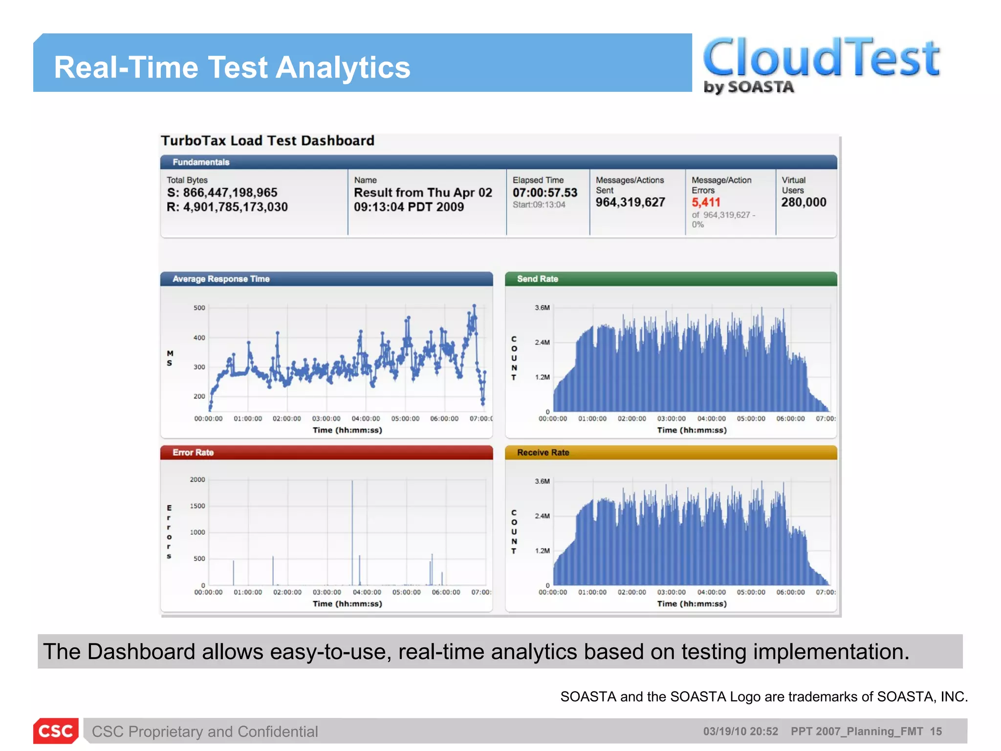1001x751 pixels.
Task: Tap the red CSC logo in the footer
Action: coord(56,731)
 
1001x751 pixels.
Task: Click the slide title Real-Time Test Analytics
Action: coord(232,67)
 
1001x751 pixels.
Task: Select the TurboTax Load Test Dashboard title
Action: coord(267,141)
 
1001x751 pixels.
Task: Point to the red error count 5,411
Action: coord(705,202)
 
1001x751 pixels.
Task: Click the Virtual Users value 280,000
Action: coord(804,202)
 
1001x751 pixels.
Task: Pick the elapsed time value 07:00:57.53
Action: coord(544,193)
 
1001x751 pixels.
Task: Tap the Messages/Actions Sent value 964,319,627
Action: coord(630,202)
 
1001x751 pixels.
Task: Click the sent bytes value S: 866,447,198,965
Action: coord(222,193)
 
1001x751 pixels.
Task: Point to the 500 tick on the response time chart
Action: coord(199,308)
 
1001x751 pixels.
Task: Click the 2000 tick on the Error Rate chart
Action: coord(197,480)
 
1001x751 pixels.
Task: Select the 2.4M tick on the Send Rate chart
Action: coord(542,342)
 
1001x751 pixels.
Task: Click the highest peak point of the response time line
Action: coord(474,306)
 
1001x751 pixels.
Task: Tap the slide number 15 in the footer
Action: coord(936,731)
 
